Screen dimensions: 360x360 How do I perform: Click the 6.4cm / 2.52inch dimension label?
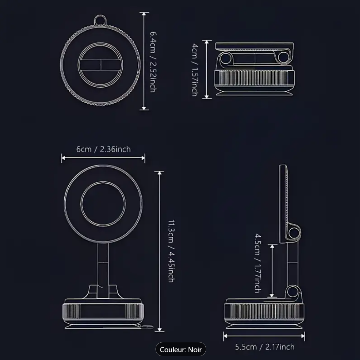[x=153, y=61]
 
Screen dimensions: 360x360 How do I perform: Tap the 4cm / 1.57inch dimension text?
[x=194, y=70]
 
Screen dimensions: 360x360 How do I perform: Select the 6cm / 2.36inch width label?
[x=103, y=149]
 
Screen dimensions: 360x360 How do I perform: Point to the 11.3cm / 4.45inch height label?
[x=171, y=251]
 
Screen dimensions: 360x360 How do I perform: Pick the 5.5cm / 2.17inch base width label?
[x=264, y=347]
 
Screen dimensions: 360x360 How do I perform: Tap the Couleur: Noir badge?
[x=181, y=349]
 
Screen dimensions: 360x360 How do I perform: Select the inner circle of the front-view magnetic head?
[x=103, y=204]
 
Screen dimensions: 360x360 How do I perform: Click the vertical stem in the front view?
[x=103, y=263]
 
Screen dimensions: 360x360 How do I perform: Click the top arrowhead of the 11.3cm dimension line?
[x=159, y=173]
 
